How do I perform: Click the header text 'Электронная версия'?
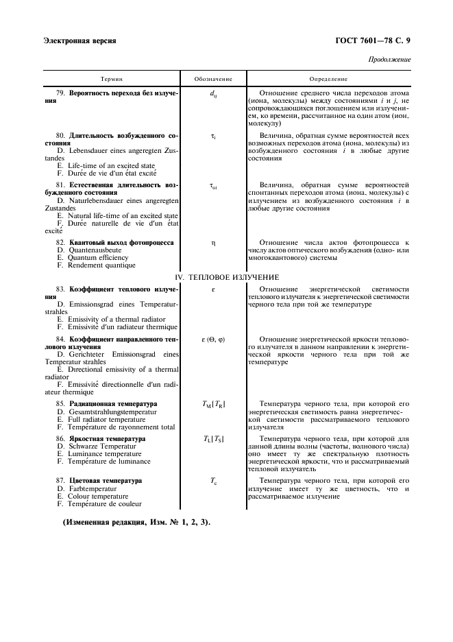point(79,40)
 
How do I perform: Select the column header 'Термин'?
point(111,80)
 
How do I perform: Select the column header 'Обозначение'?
point(213,80)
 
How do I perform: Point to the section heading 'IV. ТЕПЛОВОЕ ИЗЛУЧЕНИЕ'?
point(226,277)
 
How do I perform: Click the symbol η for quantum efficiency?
point(213,243)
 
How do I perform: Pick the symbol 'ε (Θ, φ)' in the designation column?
point(213,340)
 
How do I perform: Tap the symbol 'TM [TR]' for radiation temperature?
point(213,405)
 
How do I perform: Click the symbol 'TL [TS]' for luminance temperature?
point(213,438)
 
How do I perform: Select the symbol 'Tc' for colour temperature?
point(213,481)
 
